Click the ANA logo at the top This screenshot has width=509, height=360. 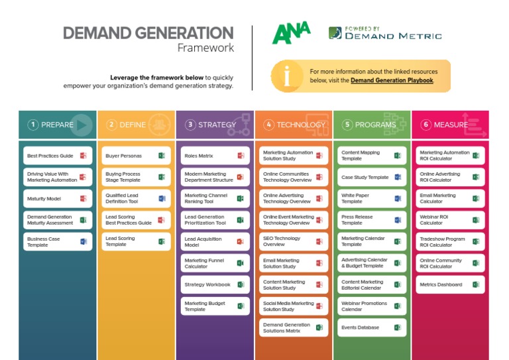click(x=291, y=33)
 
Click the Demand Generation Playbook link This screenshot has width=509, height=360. click(x=392, y=80)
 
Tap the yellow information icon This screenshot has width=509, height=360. click(x=287, y=76)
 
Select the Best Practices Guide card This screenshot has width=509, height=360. click(x=56, y=156)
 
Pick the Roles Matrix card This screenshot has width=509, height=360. click(x=215, y=156)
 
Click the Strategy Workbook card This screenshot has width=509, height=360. click(x=215, y=284)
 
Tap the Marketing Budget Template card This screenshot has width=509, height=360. click(x=215, y=306)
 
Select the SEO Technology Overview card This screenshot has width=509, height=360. click(x=293, y=241)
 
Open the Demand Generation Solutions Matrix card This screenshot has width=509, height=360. click(x=293, y=328)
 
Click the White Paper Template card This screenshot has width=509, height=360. click(x=371, y=199)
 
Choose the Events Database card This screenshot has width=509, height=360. click(x=371, y=328)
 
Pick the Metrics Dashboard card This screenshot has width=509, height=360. click(x=450, y=284)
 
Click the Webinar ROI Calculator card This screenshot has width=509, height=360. click(x=450, y=220)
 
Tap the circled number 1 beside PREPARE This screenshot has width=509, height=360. click(x=33, y=125)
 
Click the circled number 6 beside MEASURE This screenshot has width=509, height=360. click(x=425, y=125)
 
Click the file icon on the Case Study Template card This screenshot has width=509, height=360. click(x=398, y=178)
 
